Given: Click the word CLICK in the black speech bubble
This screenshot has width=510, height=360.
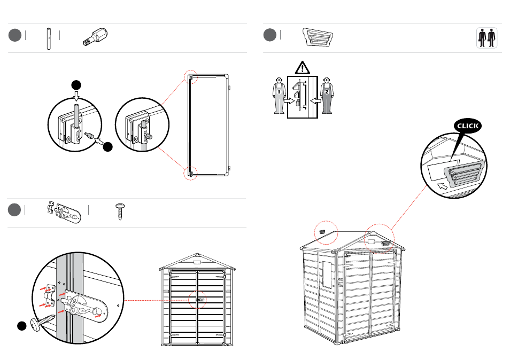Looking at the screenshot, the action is pyautogui.click(x=468, y=126).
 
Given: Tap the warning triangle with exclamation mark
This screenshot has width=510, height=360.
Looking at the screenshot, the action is pyautogui.click(x=303, y=68).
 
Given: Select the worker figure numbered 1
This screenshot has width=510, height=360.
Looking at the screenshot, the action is pyautogui.click(x=279, y=96).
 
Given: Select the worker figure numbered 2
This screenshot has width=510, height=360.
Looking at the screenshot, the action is pyautogui.click(x=327, y=96).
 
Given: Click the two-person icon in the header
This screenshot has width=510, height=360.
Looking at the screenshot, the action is pyautogui.click(x=486, y=38).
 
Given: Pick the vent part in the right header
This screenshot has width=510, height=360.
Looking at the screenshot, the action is pyautogui.click(x=318, y=37).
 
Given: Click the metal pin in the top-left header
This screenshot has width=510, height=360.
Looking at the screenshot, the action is pyautogui.click(x=49, y=38).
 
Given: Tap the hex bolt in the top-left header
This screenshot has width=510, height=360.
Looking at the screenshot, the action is pyautogui.click(x=95, y=37).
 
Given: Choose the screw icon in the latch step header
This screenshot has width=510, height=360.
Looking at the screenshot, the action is pyautogui.click(x=120, y=212).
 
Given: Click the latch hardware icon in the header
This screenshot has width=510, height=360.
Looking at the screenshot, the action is pyautogui.click(x=64, y=212).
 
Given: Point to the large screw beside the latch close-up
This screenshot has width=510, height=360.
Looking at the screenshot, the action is pyautogui.click(x=42, y=322).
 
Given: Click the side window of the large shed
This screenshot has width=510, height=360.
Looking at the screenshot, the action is pyautogui.click(x=327, y=275).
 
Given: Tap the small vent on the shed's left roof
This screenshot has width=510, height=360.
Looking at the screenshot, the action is pyautogui.click(x=322, y=232).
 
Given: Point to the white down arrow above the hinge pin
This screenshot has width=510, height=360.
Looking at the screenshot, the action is pyautogui.click(x=76, y=96).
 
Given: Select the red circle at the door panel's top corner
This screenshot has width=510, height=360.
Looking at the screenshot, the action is pyautogui.click(x=191, y=77).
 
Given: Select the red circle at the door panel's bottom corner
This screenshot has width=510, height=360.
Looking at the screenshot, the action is pyautogui.click(x=191, y=173).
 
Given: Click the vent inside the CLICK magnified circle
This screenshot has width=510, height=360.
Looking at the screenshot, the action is pyautogui.click(x=462, y=174).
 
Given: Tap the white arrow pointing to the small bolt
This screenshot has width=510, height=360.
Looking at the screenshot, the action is pyautogui.click(x=99, y=142).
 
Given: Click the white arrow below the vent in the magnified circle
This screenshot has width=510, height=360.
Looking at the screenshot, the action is pyautogui.click(x=443, y=186).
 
